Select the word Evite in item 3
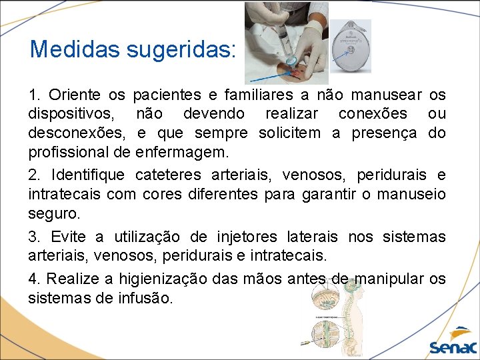[68, 237]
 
